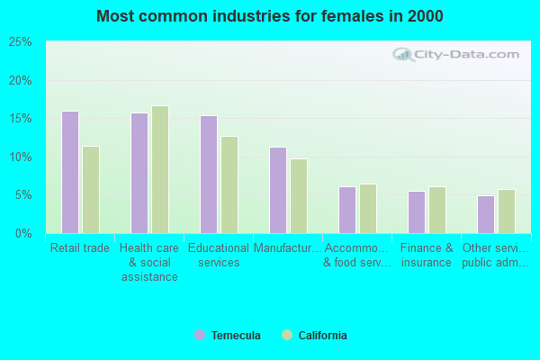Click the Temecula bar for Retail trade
coord(70,172)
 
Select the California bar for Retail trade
coord(91,190)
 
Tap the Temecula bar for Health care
coord(139,173)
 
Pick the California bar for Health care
coord(160,169)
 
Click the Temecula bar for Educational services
coord(209,175)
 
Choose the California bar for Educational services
coord(229,184)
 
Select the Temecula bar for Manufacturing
coord(278,190)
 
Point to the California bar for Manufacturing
coord(299,196)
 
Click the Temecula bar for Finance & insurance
coord(417,212)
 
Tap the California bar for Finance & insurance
coord(437,210)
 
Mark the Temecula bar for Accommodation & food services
coord(347,210)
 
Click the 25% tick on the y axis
coord(20,42)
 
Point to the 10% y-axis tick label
coord(20,157)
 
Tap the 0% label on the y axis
coord(23,233)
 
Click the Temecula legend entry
coord(228,336)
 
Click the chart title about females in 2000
coord(270,16)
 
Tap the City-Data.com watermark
coord(458,54)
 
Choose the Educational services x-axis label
coord(219,256)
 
